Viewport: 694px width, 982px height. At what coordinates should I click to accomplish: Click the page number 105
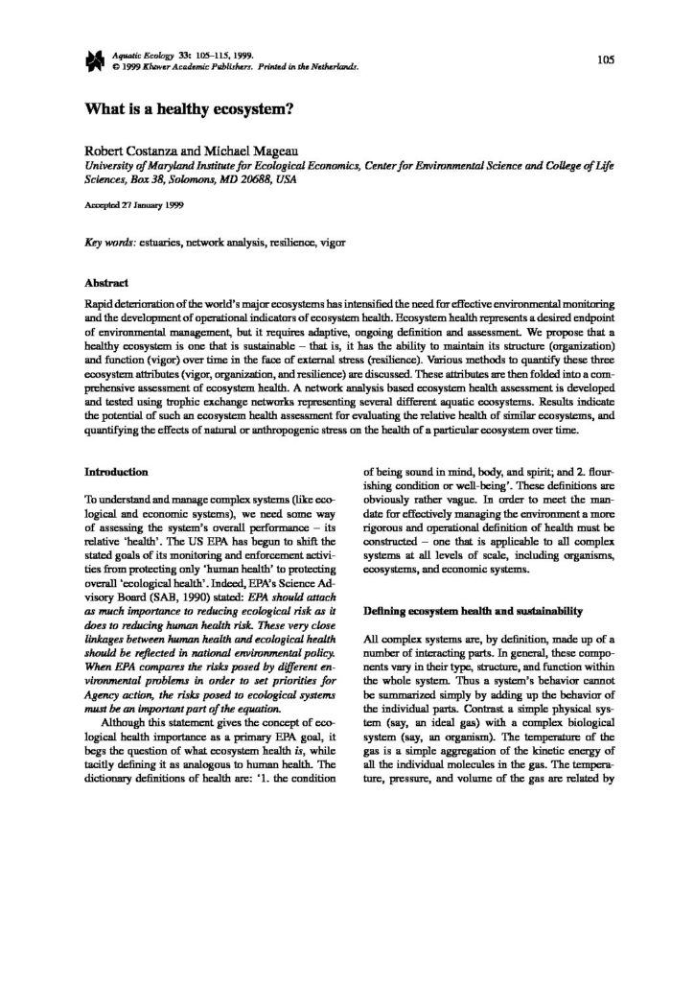[x=604, y=59]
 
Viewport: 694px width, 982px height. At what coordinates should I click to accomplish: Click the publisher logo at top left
[x=93, y=63]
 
